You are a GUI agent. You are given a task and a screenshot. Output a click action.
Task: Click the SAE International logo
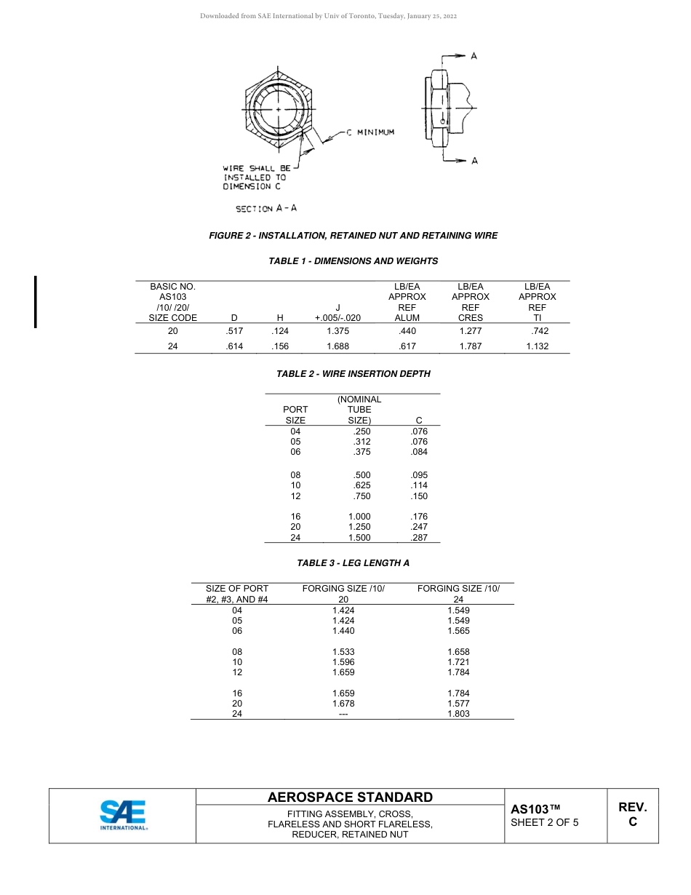[x=122, y=816]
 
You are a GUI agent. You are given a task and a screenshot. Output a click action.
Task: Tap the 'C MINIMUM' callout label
[x=370, y=132]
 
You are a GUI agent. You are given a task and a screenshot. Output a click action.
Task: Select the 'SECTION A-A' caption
[x=265, y=208]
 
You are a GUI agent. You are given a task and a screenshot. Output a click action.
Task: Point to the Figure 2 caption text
[x=353, y=236]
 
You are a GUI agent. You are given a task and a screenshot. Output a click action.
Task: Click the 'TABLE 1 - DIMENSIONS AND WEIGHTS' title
[x=353, y=261]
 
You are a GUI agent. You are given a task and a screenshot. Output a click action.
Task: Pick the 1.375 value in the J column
[x=337, y=331]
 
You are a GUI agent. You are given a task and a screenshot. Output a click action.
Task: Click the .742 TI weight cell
[x=537, y=331]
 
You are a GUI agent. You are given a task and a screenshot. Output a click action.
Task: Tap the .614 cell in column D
[x=234, y=346]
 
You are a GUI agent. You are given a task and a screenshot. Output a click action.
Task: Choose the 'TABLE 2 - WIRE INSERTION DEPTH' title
[x=353, y=374]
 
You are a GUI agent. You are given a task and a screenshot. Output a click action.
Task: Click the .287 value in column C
[x=419, y=538]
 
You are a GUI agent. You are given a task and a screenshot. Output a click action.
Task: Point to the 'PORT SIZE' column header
[x=295, y=415]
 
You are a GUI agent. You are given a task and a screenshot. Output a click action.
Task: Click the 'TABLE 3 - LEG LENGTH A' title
[x=353, y=563]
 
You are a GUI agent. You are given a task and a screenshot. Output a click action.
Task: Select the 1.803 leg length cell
[x=458, y=714]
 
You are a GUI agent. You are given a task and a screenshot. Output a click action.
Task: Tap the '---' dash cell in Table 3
[x=343, y=714]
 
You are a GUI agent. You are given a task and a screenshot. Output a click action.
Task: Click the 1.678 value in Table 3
[x=343, y=704]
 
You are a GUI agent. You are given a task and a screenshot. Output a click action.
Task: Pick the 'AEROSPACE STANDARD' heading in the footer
[x=350, y=797]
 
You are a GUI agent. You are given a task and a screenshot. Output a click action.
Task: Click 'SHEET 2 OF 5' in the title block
[x=544, y=823]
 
